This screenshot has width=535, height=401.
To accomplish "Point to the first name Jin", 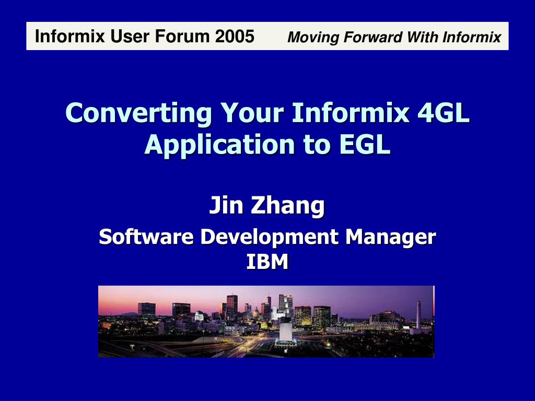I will tap(227, 205).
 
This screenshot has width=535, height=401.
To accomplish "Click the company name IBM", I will tap(267, 262).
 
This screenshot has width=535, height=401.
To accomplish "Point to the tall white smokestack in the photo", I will tap(418, 314).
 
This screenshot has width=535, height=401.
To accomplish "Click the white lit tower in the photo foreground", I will tap(285, 329).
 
